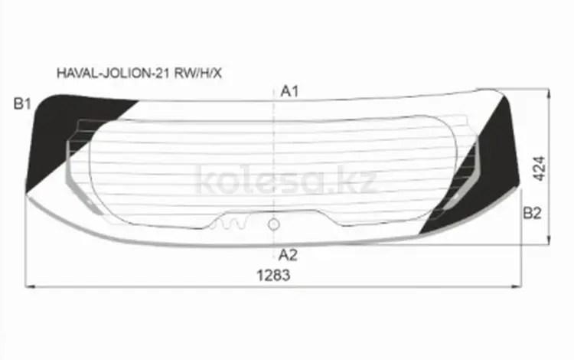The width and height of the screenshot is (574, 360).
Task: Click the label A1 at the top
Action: pyautogui.click(x=289, y=91)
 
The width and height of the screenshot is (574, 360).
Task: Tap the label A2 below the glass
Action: pyautogui.click(x=288, y=255)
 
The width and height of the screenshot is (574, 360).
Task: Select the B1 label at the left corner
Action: pyautogui.click(x=22, y=104)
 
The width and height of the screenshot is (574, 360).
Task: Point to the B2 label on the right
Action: pyautogui.click(x=532, y=213)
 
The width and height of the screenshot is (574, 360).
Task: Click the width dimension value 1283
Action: pyautogui.click(x=273, y=275)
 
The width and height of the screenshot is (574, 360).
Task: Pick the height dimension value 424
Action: pyautogui.click(x=540, y=169)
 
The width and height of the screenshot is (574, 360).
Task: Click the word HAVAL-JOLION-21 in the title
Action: pyautogui.click(x=113, y=74)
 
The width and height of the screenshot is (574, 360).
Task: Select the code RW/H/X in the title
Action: pyautogui.click(x=197, y=74)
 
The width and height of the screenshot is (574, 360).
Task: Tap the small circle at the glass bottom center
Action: pyautogui.click(x=274, y=224)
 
